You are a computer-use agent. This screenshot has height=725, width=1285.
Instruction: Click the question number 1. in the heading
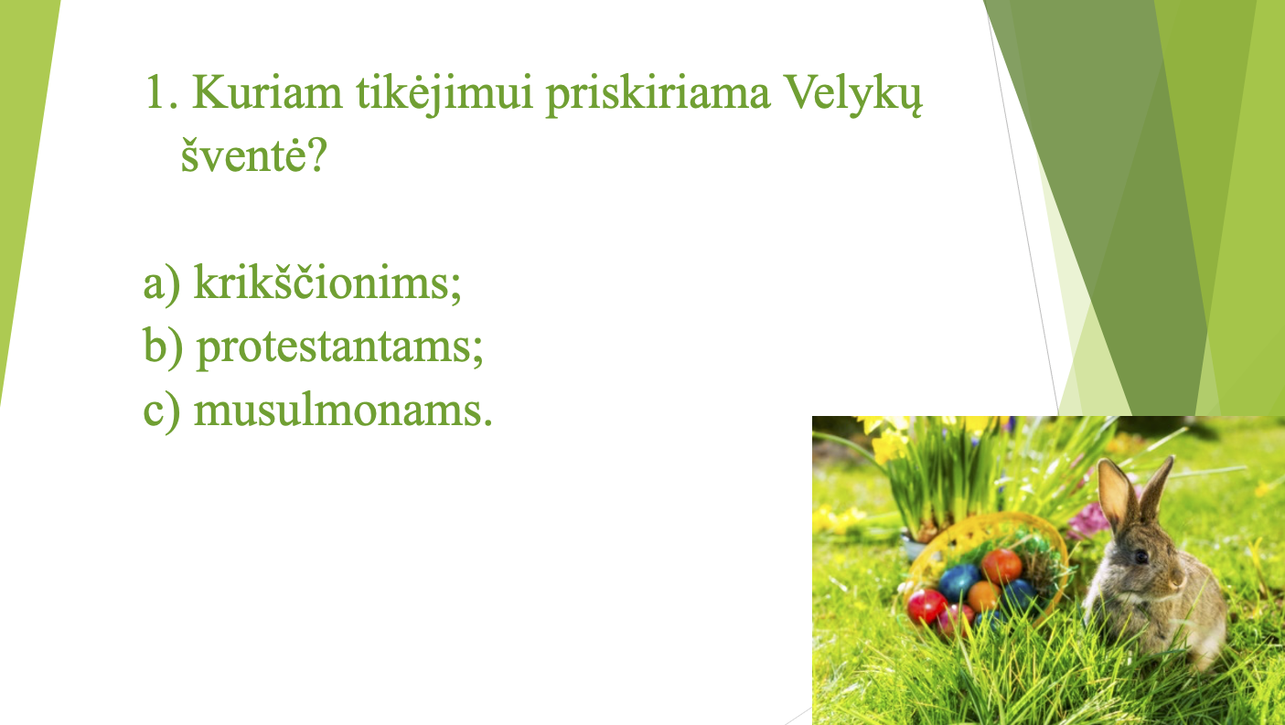tap(162, 91)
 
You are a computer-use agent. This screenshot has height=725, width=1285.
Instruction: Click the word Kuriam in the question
tap(267, 91)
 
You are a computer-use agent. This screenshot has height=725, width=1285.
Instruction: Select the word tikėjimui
tap(445, 94)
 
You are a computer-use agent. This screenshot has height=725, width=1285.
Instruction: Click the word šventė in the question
tap(243, 154)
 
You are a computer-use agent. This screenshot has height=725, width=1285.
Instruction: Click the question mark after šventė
tap(316, 154)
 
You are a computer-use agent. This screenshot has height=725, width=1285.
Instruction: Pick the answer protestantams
tap(340, 347)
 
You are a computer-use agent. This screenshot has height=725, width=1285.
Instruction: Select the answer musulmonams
tap(343, 410)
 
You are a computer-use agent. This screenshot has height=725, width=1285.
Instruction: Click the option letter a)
tap(161, 283)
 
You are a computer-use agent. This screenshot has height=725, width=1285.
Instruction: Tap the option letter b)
tap(163, 347)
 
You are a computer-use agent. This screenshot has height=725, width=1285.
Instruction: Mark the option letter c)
tap(161, 411)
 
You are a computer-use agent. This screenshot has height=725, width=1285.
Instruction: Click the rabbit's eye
tap(1140, 557)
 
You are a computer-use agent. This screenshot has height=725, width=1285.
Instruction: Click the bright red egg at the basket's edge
tap(926, 606)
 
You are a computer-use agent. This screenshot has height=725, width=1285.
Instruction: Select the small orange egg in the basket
tap(983, 595)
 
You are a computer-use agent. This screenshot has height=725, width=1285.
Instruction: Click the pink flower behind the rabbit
tap(1087, 521)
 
